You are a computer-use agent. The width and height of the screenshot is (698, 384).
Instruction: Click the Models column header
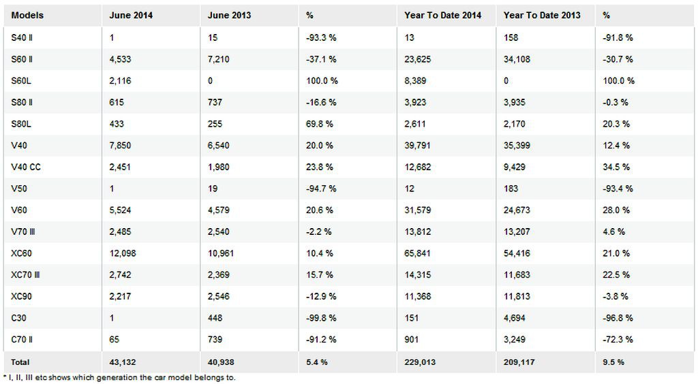(27, 15)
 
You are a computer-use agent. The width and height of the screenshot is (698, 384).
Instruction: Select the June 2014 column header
(131, 15)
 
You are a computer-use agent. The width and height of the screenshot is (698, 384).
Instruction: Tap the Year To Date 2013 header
(542, 15)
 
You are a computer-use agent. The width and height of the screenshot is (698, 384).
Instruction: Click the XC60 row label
(21, 253)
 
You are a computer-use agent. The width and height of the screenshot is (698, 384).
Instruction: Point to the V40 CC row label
(26, 167)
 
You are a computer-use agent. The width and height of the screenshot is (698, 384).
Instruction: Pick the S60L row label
(21, 81)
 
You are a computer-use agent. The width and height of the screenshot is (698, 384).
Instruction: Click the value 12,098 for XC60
(123, 253)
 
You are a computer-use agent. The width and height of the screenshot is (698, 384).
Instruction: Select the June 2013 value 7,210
(219, 59)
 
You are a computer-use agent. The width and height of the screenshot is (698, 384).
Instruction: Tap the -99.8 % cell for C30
(321, 318)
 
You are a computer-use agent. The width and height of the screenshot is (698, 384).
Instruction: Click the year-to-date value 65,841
(418, 253)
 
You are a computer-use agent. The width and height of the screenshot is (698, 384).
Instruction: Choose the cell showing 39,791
(418, 145)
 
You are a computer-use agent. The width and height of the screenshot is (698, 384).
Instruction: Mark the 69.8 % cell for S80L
(320, 124)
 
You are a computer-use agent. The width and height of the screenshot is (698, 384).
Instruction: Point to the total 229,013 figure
(420, 362)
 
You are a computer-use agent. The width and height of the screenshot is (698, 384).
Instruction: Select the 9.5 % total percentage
(613, 362)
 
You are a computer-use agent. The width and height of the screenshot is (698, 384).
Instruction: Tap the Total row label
(20, 362)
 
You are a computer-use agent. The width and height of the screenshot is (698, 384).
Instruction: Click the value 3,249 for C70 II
(515, 340)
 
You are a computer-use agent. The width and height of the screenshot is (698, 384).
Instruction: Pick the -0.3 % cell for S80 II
(616, 102)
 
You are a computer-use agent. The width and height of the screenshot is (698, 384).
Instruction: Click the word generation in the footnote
(117, 378)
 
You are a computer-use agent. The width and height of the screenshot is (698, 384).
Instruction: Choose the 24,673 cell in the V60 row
(517, 210)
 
